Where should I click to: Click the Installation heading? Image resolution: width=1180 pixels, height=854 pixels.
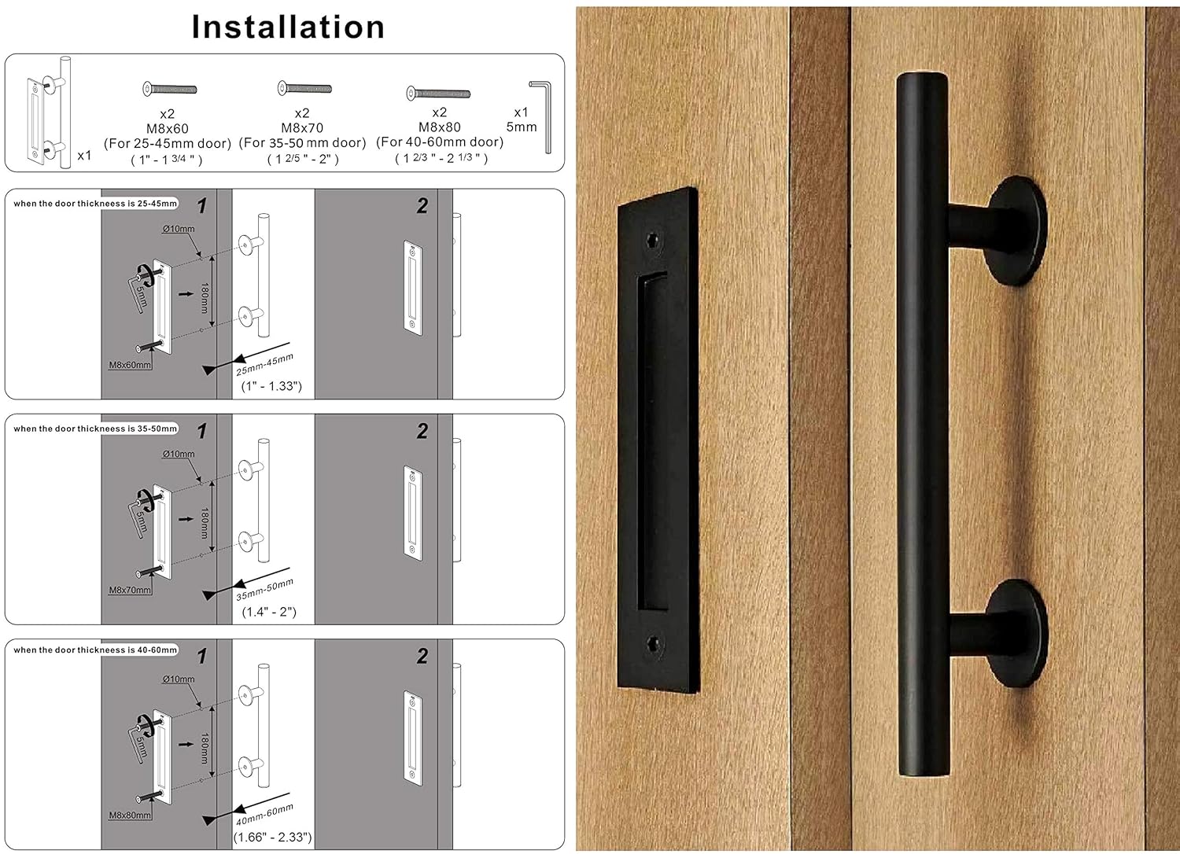pos(288,27)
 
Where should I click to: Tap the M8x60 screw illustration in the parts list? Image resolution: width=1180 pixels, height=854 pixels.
pos(169,90)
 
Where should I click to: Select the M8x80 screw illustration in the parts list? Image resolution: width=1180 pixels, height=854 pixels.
pos(438,94)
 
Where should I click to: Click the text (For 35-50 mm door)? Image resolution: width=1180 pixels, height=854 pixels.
pos(303,142)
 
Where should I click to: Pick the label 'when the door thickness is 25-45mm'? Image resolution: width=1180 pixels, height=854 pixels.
pos(95,204)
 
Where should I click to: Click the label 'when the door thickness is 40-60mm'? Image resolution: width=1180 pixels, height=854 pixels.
pos(95,650)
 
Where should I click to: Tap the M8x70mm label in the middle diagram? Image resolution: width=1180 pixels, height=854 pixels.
pos(130,590)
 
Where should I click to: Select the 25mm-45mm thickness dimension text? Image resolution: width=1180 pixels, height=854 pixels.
pos(264,364)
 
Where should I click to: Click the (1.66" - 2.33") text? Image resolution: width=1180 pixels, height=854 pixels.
pos(272,837)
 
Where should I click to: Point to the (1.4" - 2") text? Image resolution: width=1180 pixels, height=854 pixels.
pos(269,612)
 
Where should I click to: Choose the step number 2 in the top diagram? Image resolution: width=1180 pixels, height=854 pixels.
pos(422,206)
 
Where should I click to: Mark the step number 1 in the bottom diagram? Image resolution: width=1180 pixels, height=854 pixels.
pos(202,656)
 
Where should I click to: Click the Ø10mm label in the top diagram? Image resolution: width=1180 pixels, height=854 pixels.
pos(179,229)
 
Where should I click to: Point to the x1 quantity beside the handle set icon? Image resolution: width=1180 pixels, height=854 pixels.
pos(84,156)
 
